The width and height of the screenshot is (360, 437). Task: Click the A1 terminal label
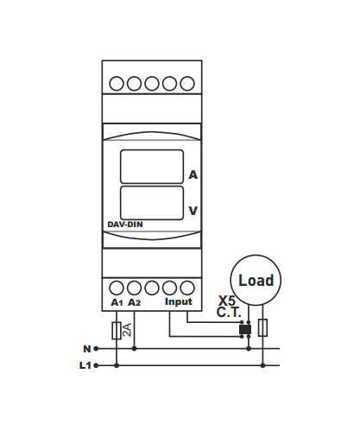(117, 302)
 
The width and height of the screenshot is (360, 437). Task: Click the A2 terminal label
(135, 302)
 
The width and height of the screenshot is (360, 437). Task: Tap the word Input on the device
(179, 301)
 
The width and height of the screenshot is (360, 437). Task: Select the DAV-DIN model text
(125, 225)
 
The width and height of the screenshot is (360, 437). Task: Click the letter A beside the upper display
(193, 174)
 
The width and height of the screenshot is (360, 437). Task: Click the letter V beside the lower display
(193, 211)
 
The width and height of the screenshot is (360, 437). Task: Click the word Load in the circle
(256, 281)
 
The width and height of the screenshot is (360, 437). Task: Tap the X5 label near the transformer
(227, 301)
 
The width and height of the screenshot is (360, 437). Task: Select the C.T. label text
(229, 313)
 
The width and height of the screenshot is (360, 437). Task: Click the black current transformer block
(245, 330)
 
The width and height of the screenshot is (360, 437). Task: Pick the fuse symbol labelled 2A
(117, 331)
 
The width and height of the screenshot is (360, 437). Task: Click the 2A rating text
(127, 330)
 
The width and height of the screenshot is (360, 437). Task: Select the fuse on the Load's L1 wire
(262, 327)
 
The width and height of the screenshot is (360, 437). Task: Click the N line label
(86, 349)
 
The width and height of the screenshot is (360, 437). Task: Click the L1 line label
(85, 365)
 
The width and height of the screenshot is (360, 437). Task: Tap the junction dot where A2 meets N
(134, 349)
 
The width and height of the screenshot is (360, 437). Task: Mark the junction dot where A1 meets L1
(117, 365)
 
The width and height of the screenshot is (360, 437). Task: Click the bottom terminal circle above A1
(117, 288)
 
